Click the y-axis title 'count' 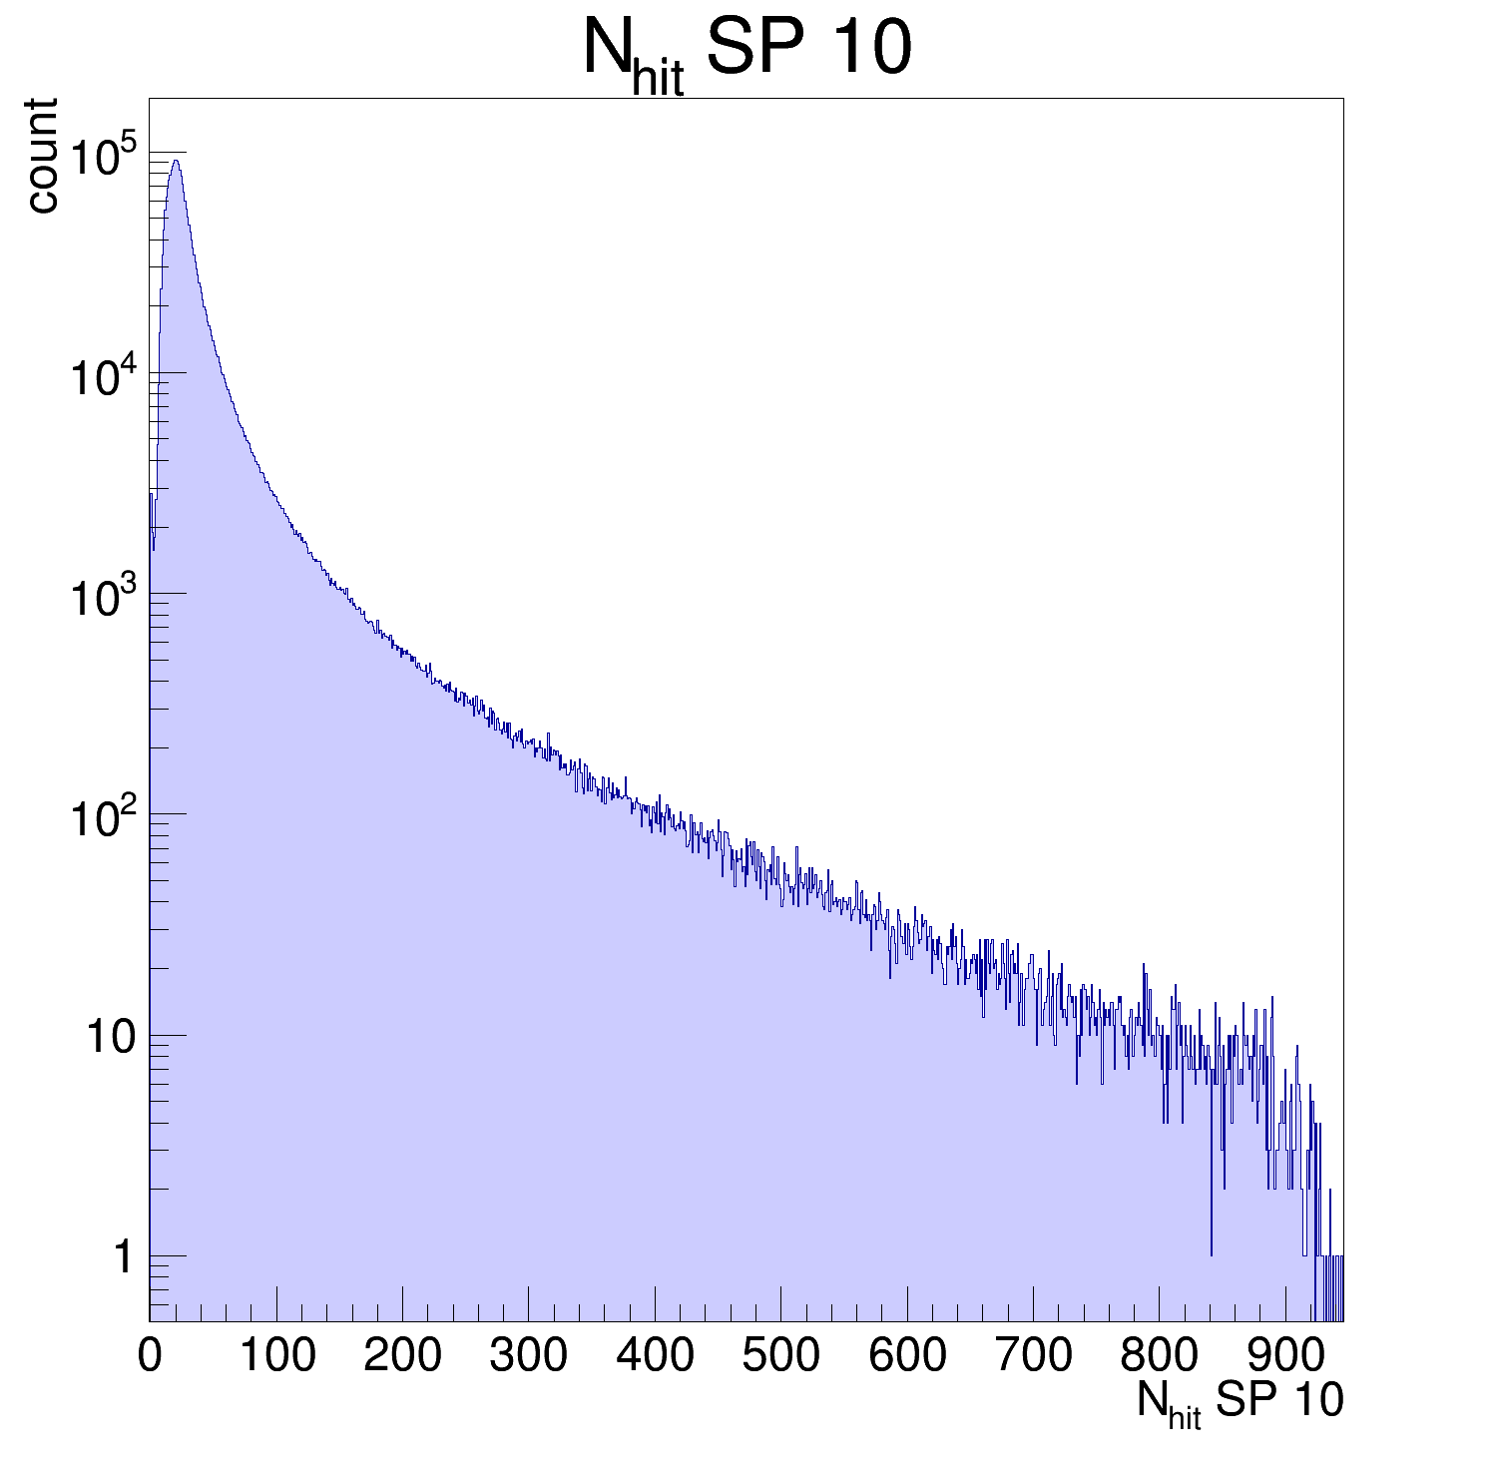(x=42, y=155)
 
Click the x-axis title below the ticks (x=1240, y=1403)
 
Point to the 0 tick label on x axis (x=150, y=1356)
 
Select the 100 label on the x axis (x=276, y=1356)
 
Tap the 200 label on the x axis (x=402, y=1356)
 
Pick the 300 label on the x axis (x=529, y=1356)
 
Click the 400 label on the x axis (x=655, y=1356)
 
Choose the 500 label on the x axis (x=780, y=1356)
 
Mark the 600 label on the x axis (x=907, y=1356)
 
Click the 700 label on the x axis (x=1033, y=1356)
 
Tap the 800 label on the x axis (x=1159, y=1356)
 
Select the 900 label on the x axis (x=1285, y=1356)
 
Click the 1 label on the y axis (x=122, y=1257)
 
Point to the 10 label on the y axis (x=109, y=1038)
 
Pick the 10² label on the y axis (x=104, y=818)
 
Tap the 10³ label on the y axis (x=104, y=597)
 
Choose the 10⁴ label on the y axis (x=104, y=376)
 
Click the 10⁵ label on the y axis (x=104, y=156)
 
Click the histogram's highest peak (x=176, y=162)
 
